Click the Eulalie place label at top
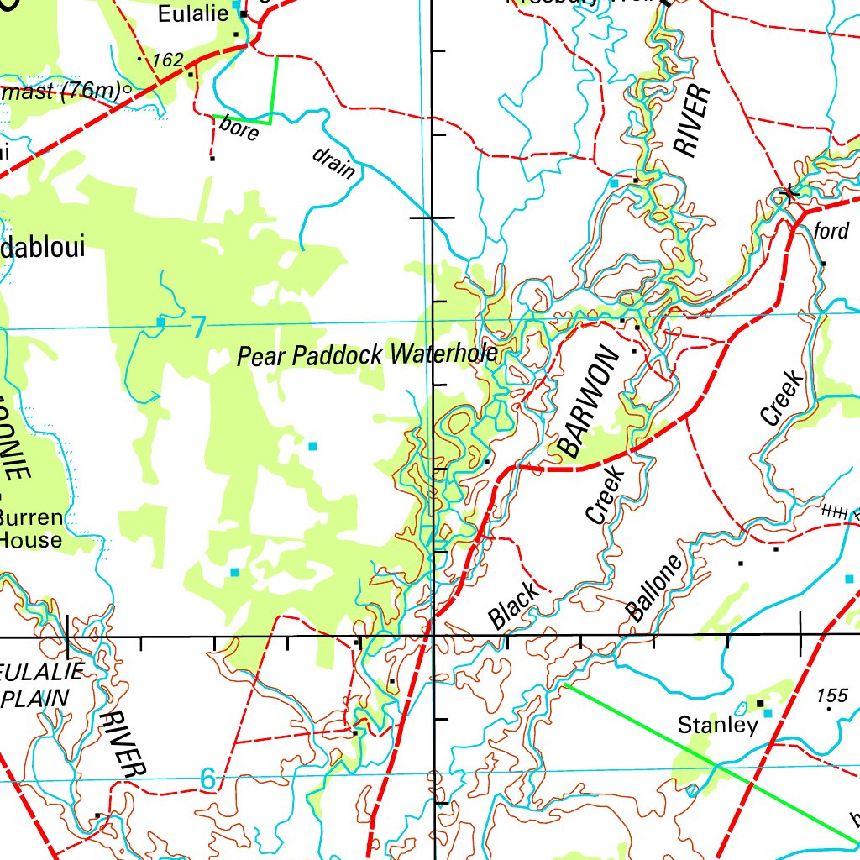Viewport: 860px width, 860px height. tap(192, 14)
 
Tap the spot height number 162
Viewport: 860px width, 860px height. tap(167, 60)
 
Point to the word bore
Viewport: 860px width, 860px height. tap(239, 130)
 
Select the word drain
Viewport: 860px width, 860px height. tap(333, 164)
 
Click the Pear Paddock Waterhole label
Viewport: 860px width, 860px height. tap(367, 355)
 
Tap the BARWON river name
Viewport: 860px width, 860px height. tap(588, 403)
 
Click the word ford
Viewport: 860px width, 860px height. tap(831, 230)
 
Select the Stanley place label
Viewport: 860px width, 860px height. tap(717, 725)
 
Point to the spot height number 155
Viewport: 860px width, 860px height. tap(831, 695)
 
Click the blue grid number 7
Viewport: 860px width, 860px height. tap(197, 327)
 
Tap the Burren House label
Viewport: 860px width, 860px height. tap(30, 528)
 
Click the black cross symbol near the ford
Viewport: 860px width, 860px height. tap(789, 194)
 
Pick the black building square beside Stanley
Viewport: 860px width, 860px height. tap(760, 703)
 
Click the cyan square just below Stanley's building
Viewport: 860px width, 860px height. tap(767, 713)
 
